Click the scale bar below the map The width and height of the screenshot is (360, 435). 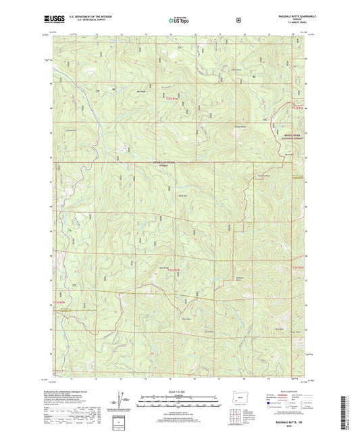pos(178,403)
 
